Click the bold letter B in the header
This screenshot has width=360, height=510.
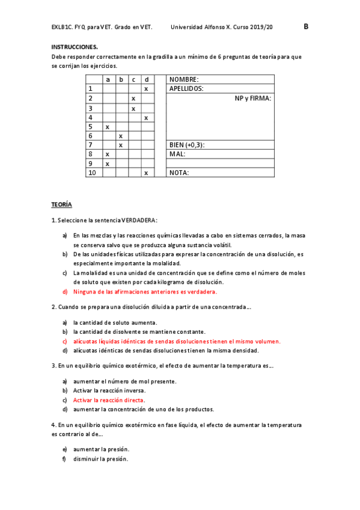(x=306, y=26)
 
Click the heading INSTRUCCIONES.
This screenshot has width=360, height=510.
(x=75, y=46)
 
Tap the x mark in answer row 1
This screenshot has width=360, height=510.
(x=146, y=88)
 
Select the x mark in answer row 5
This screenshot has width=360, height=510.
(x=108, y=127)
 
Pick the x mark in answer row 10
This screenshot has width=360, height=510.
(x=146, y=173)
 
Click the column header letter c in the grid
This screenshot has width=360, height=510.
(x=133, y=79)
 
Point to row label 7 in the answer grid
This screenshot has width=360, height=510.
(x=90, y=145)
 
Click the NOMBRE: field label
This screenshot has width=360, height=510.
(x=184, y=79)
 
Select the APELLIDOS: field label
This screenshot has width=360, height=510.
(x=186, y=88)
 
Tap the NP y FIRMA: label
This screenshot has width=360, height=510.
(x=253, y=98)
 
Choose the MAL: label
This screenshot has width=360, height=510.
(x=177, y=154)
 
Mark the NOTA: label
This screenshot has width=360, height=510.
(x=179, y=173)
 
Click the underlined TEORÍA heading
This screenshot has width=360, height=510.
(x=61, y=204)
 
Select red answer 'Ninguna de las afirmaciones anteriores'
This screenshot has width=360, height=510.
(x=145, y=292)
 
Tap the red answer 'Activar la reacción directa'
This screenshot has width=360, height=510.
(x=109, y=400)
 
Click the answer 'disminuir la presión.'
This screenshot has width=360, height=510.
(x=101, y=458)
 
